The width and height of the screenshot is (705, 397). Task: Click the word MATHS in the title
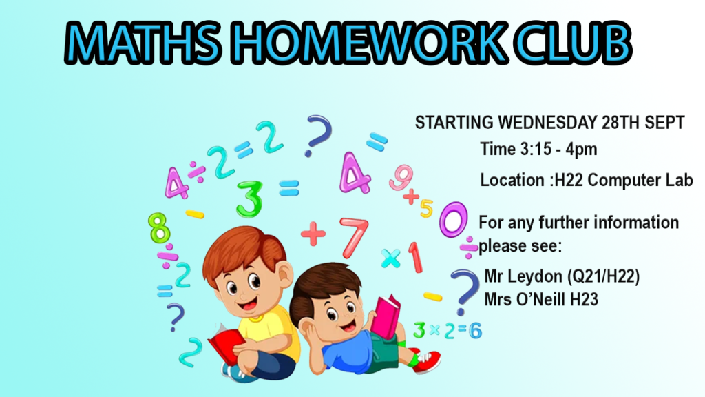coord(143,42)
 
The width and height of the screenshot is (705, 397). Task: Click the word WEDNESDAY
coord(547,123)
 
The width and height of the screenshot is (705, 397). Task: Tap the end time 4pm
coord(581,150)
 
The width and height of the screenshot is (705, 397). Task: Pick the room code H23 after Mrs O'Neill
coord(584,299)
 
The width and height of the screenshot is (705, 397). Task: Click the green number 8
coord(159,227)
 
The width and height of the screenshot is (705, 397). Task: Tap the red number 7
coord(355,237)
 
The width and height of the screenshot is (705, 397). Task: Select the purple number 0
coord(453,220)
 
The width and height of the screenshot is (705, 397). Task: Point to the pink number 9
coord(401,177)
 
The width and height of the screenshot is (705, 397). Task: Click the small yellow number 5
coord(426,208)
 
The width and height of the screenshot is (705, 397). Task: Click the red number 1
coord(415,257)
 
